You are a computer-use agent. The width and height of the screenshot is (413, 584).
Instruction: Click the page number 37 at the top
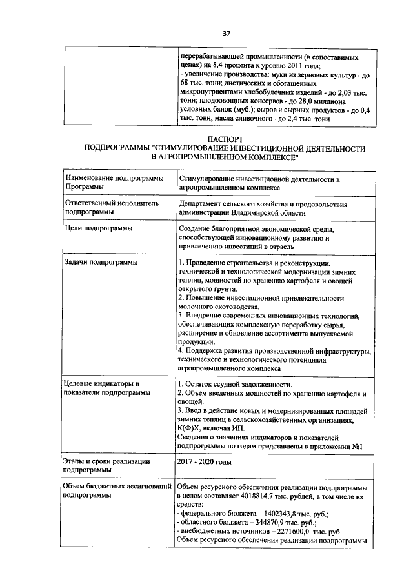[x=227, y=33]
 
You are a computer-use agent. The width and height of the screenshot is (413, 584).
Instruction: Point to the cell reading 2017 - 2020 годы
[x=204, y=462]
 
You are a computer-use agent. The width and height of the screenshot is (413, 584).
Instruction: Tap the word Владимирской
[x=252, y=212]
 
